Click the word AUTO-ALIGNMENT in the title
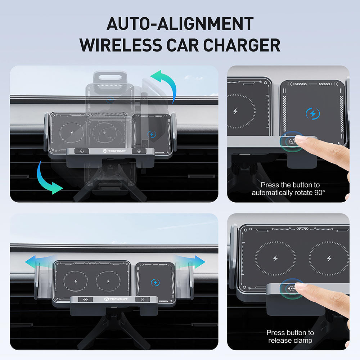(x=180, y=24)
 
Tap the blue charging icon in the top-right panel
(x=312, y=113)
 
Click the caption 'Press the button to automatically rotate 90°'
(x=288, y=189)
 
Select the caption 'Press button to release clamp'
(x=290, y=336)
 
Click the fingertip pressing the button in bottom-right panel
(x=300, y=287)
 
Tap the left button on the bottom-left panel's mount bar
(x=86, y=299)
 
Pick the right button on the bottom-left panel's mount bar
(x=143, y=299)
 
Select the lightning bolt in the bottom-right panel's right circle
(x=329, y=258)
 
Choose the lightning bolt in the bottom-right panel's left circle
(x=275, y=258)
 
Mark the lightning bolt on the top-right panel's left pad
(x=235, y=111)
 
